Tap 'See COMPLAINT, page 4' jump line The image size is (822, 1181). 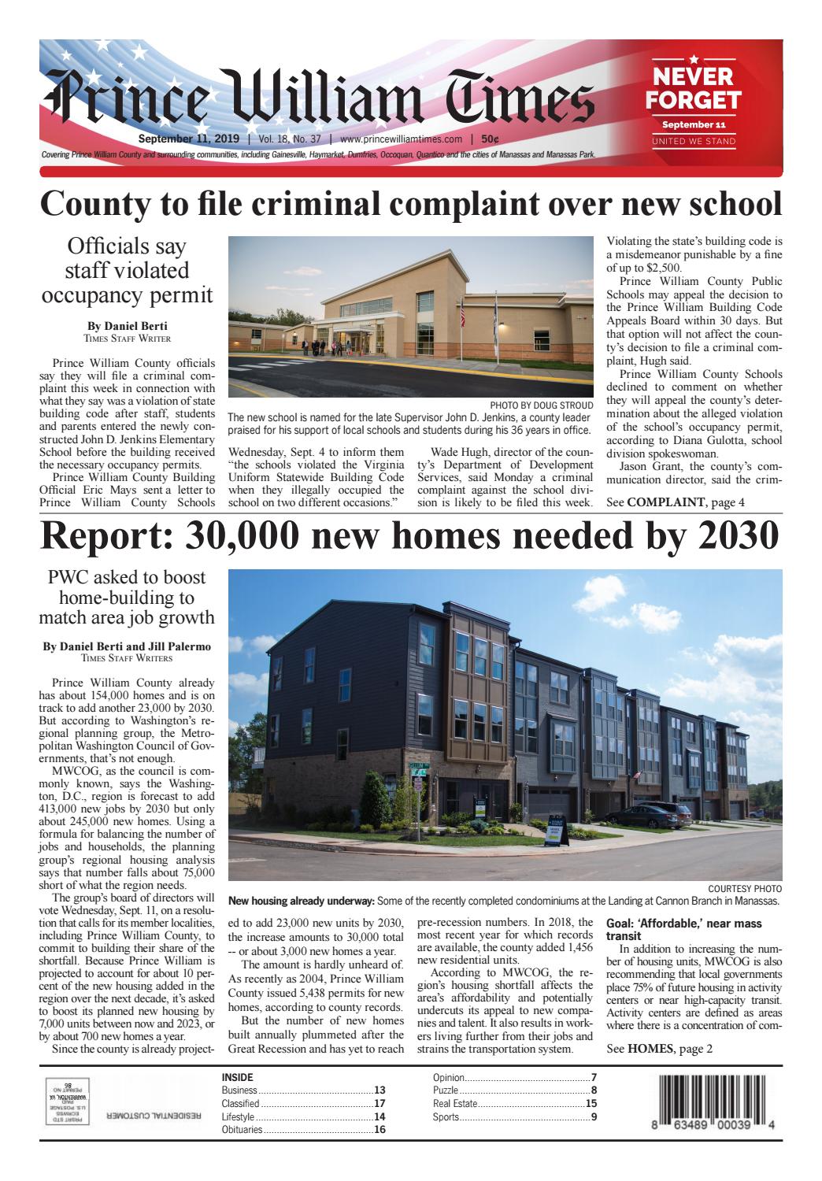coord(675,502)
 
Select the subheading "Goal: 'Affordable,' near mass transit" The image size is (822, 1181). coord(683,929)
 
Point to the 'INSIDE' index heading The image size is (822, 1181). coord(238,1077)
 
